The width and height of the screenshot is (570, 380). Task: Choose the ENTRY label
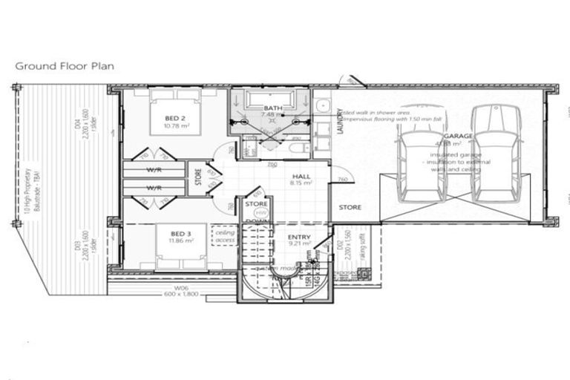tap(299, 237)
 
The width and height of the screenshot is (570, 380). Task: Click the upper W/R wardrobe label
tap(154, 168)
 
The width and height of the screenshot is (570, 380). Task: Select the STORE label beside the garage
tap(350, 208)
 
